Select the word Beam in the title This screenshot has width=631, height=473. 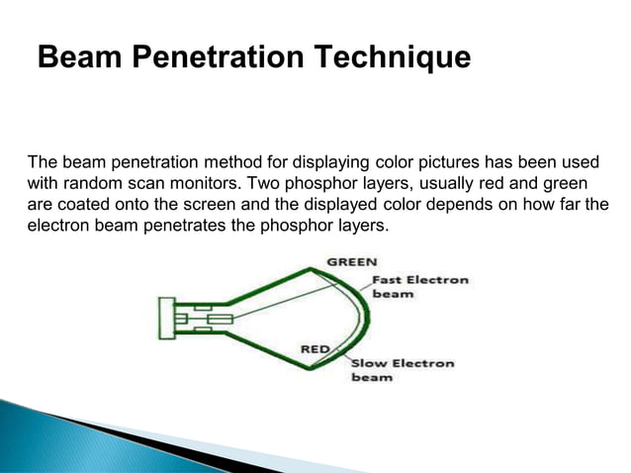75,57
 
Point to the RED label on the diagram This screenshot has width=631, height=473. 315,347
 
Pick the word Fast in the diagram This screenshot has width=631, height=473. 387,280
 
